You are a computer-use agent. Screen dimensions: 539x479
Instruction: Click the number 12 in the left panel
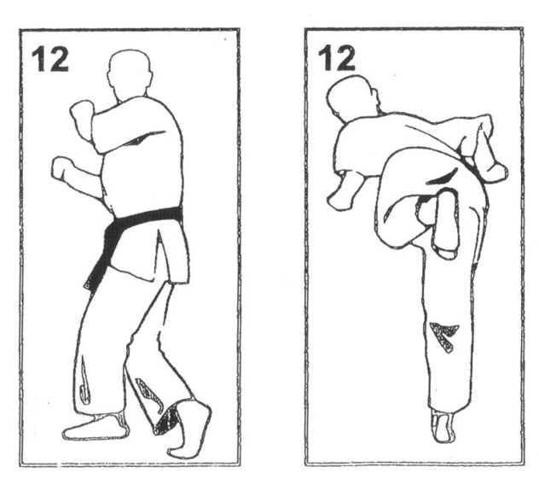50,59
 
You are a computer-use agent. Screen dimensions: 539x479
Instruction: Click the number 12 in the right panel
336,59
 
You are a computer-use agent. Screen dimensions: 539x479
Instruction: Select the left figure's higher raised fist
82,118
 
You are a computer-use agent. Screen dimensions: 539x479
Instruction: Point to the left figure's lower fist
64,169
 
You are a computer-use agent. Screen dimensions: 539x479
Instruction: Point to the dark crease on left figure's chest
143,137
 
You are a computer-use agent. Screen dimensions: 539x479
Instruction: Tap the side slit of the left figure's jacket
160,254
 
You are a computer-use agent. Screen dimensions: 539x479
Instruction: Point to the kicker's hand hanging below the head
341,193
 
